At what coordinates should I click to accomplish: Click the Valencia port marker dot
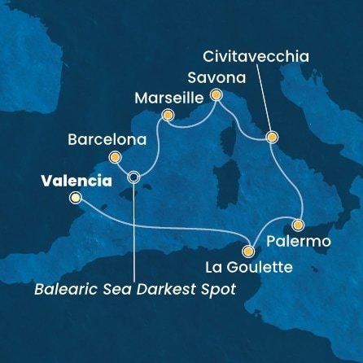pyautogui.click(x=76, y=198)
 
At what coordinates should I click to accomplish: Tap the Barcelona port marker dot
pyautogui.click(x=115, y=158)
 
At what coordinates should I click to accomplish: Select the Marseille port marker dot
pyautogui.click(x=168, y=116)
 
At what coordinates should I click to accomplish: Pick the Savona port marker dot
pyautogui.click(x=216, y=95)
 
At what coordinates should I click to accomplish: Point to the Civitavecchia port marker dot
pyautogui.click(x=273, y=138)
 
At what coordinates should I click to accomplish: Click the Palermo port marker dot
pyautogui.click(x=299, y=225)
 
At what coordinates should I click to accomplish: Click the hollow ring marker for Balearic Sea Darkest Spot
pyautogui.click(x=134, y=177)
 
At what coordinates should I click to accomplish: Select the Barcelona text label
pyautogui.click(x=107, y=138)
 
